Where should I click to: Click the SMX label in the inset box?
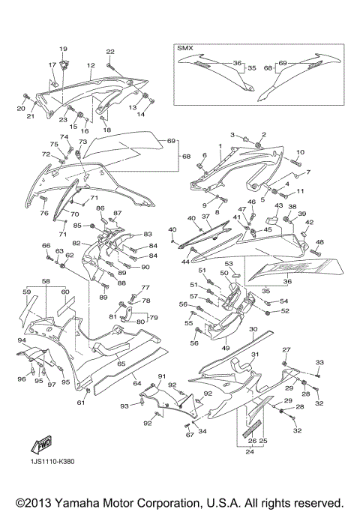(x=184, y=47)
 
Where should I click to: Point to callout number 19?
(x=63, y=49)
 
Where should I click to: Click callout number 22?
(x=110, y=51)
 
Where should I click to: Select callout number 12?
(x=91, y=66)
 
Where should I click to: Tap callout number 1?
(x=220, y=145)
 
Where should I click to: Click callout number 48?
(x=319, y=242)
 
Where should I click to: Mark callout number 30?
(x=253, y=329)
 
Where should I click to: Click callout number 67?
(x=190, y=435)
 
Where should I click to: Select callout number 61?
(x=79, y=403)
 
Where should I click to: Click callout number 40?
(x=172, y=229)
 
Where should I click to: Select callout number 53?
(x=229, y=264)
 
